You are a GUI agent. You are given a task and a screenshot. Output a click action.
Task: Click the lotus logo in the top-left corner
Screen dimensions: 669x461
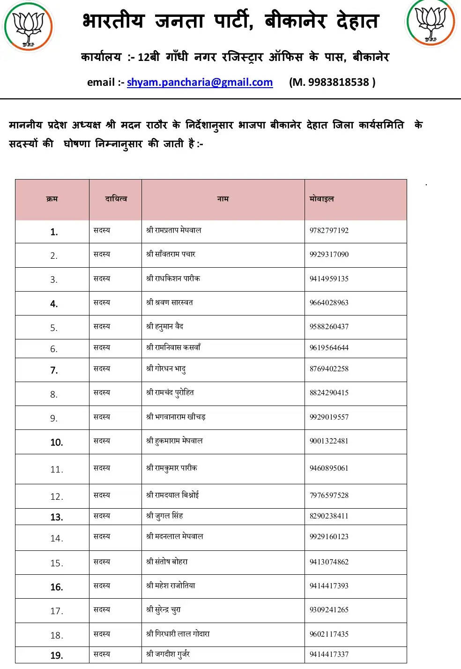pyautogui.click(x=28, y=26)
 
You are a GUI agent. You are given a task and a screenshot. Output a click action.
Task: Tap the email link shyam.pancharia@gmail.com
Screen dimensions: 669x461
pyautogui.click(x=200, y=82)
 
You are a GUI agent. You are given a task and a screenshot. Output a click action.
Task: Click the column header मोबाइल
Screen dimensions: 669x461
pyautogui.click(x=321, y=199)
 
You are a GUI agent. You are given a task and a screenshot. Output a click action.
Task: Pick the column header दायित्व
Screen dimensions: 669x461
pyautogui.click(x=116, y=199)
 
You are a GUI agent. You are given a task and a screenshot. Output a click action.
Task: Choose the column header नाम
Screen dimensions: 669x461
pyautogui.click(x=223, y=199)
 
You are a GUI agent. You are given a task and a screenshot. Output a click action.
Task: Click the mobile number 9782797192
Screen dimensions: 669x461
pyautogui.click(x=329, y=231)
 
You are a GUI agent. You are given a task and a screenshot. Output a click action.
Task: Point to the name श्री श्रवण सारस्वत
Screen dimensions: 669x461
pyautogui.click(x=170, y=303)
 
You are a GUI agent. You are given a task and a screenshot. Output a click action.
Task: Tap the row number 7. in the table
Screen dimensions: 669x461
pyautogui.click(x=54, y=370)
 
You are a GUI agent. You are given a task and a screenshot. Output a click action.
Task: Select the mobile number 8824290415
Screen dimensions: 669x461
pyautogui.click(x=329, y=393)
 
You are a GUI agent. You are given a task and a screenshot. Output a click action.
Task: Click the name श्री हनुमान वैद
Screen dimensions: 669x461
pyautogui.click(x=164, y=327)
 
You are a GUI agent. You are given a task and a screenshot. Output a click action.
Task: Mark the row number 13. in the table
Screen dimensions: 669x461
pyautogui.click(x=56, y=517)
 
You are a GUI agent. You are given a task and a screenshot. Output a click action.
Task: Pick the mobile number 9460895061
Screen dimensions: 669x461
pyautogui.click(x=329, y=468)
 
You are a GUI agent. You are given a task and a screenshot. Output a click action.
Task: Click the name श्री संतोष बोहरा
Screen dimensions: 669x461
pyautogui.click(x=167, y=562)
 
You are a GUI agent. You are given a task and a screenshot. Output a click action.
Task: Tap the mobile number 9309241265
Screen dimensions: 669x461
pyautogui.click(x=329, y=610)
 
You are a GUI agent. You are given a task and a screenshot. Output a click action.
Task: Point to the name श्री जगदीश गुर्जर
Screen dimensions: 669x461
pyautogui.click(x=168, y=654)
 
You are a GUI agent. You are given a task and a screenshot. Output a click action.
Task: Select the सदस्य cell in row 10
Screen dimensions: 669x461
pyautogui.click(x=102, y=441)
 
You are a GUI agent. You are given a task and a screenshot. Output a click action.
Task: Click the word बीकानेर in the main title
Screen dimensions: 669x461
pyautogui.click(x=295, y=22)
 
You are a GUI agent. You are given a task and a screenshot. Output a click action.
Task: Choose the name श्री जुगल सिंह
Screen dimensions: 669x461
pyautogui.click(x=164, y=516)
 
